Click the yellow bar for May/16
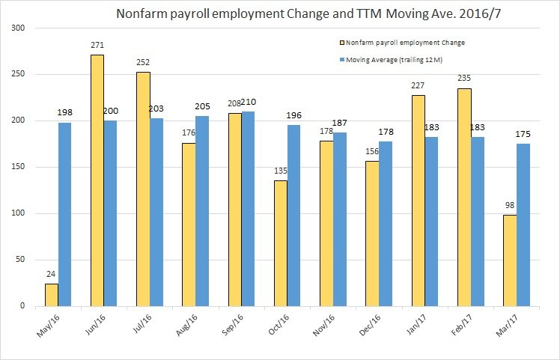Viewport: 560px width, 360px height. tap(52, 295)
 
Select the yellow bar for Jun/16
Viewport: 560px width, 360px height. tap(97, 180)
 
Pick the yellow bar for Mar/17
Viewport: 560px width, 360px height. tap(510, 260)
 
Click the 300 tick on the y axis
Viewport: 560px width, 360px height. tap(18, 28)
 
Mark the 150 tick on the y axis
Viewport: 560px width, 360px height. tap(18, 167)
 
